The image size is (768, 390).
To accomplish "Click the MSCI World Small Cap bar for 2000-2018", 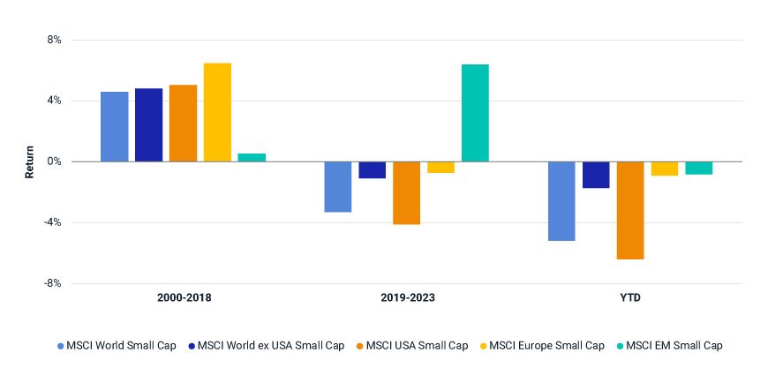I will click(x=114, y=126).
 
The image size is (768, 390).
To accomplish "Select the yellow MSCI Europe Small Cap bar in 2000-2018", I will click(x=217, y=112).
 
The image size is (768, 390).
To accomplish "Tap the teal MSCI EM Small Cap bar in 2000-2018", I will click(x=252, y=157).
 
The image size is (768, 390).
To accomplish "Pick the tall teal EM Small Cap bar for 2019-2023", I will click(x=475, y=113).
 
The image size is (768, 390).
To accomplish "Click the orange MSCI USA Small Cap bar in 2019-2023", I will click(x=407, y=192).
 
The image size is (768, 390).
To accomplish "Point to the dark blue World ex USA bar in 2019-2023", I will click(x=373, y=169).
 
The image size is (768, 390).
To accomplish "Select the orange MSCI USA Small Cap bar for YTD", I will click(x=630, y=210).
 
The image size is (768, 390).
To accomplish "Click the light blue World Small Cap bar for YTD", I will click(x=561, y=200).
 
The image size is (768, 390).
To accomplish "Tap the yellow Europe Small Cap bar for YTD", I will click(x=665, y=169).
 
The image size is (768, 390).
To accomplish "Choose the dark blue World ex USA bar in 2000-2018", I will click(x=148, y=124).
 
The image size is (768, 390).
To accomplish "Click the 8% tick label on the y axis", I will click(x=54, y=41).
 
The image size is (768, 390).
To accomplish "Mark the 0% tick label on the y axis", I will click(x=54, y=161).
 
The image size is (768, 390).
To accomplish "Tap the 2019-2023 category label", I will click(x=406, y=298).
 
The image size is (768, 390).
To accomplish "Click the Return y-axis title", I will click(x=29, y=162).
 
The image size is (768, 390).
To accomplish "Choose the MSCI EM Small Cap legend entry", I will click(x=674, y=346).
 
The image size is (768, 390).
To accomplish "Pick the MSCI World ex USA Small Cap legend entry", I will click(x=271, y=346).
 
